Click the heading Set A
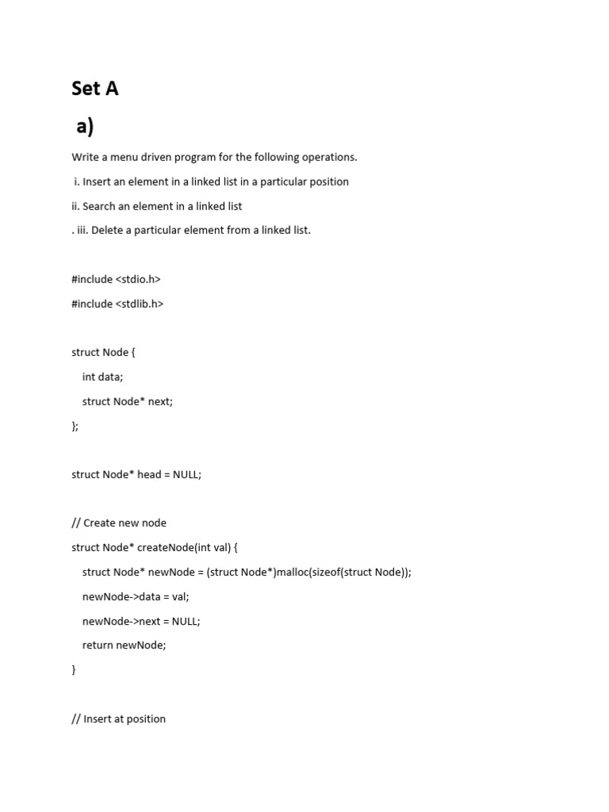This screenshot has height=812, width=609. (95, 88)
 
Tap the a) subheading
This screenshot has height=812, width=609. (85, 126)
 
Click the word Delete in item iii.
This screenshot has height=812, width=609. (108, 230)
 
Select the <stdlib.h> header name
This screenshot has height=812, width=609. (140, 304)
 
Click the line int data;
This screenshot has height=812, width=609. (102, 377)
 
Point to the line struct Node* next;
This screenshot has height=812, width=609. (127, 401)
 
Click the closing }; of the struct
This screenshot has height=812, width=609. (75, 426)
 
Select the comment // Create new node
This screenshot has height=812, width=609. (119, 523)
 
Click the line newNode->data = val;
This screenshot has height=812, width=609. (136, 596)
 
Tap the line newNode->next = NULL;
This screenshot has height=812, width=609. (141, 621)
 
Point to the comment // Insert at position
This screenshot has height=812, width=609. (119, 718)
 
